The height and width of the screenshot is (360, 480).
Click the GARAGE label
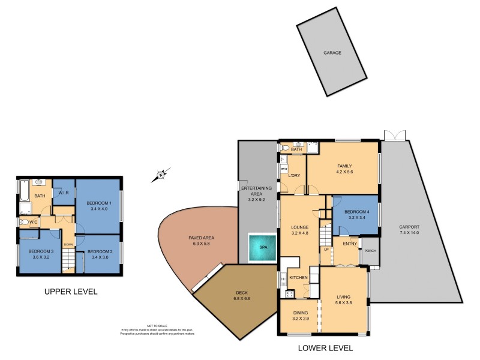(x=332, y=53)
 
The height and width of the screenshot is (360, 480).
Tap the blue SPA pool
(x=262, y=247)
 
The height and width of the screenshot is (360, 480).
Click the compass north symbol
(x=160, y=175)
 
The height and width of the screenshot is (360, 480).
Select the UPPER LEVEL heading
(x=71, y=292)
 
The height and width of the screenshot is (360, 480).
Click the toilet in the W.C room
(x=23, y=222)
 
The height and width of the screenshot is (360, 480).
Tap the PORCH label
(x=370, y=251)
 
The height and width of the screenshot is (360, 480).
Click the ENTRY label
(x=349, y=243)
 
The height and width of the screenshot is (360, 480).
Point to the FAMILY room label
(x=344, y=166)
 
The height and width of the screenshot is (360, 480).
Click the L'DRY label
(x=294, y=175)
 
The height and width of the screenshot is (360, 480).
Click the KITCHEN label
(x=298, y=278)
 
